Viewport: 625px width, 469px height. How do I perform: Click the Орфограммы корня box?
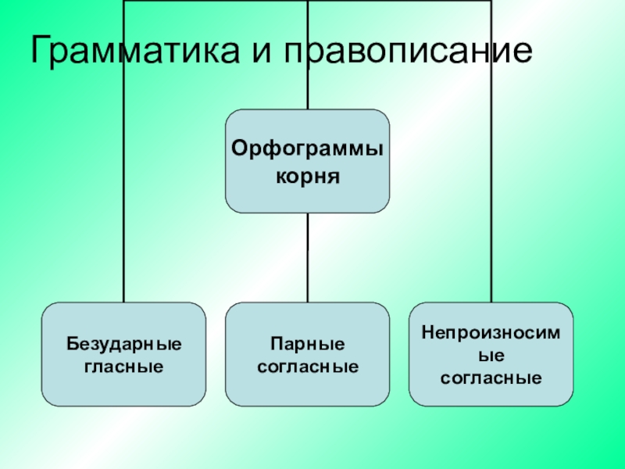(307, 161)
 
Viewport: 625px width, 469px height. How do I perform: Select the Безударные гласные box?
(123, 354)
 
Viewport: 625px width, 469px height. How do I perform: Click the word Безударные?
(123, 344)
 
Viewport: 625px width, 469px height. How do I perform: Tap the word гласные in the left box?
(123, 365)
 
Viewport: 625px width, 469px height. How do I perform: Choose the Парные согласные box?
(307, 354)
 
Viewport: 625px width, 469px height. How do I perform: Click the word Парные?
(307, 344)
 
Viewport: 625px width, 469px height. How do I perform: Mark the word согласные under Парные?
(307, 365)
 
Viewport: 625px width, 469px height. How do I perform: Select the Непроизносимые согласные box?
(491, 354)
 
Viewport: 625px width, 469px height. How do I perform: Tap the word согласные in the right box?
(491, 378)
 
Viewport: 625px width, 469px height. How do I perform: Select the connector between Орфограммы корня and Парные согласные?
(307, 258)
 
